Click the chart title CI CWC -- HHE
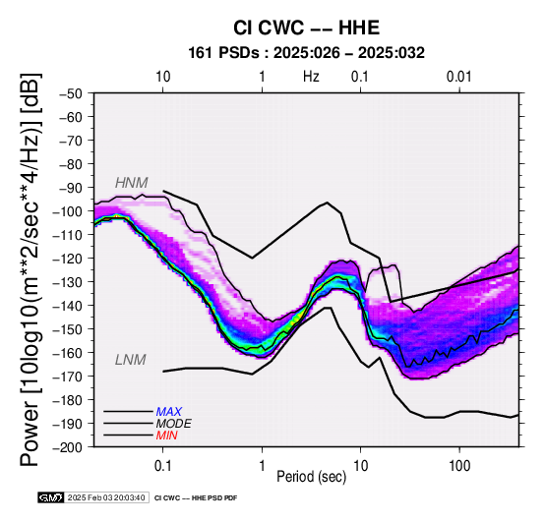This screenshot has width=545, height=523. point(306,28)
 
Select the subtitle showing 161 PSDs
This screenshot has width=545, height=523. point(306,53)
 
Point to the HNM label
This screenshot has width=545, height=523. point(132,183)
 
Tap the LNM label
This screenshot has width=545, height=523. point(130,360)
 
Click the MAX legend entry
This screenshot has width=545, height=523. point(168,412)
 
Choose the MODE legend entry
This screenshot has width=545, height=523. point(173,424)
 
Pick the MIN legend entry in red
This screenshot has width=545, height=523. point(166,436)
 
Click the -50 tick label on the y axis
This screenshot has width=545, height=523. point(71,93)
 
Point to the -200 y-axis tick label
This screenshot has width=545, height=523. point(68,447)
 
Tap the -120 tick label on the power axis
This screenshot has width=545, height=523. point(68,259)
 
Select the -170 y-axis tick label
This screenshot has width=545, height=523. point(68,377)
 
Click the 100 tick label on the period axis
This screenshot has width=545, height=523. point(459,466)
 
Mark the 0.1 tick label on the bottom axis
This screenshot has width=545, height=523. point(162,466)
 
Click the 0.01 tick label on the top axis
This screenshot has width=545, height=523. point(459,77)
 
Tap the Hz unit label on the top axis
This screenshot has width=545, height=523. point(311,77)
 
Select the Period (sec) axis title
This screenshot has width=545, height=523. point(312,477)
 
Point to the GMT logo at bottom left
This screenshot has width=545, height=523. point(51,497)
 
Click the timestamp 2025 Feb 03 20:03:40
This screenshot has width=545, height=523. point(106,497)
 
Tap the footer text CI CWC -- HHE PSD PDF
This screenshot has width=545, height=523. point(196,498)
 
